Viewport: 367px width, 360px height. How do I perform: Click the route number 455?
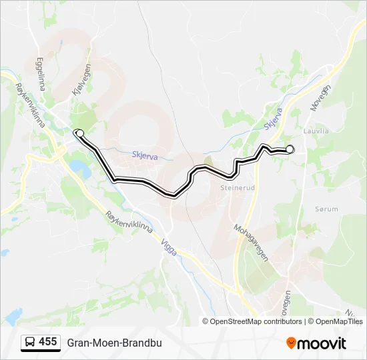[47, 341]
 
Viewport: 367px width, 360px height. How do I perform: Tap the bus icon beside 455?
[29, 342]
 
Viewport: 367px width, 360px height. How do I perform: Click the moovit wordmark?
[322, 343]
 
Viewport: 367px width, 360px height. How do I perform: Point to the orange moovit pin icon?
[291, 343]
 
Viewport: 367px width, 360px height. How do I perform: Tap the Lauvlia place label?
[316, 131]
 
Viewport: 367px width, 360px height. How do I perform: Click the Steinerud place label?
[238, 188]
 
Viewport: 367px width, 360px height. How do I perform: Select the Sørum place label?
[326, 209]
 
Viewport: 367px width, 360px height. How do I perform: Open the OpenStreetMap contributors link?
[256, 321]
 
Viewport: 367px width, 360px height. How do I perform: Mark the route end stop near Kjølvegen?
[79, 133]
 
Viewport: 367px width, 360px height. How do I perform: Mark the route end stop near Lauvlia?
[290, 149]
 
